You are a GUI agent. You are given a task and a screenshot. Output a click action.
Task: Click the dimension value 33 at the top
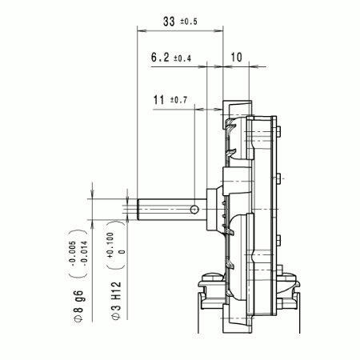[168, 22]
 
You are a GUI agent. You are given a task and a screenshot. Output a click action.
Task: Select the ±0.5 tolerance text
[187, 22]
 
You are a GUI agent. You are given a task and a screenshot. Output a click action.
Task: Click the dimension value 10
[237, 58]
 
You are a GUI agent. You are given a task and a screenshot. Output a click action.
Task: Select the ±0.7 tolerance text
[178, 101]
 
